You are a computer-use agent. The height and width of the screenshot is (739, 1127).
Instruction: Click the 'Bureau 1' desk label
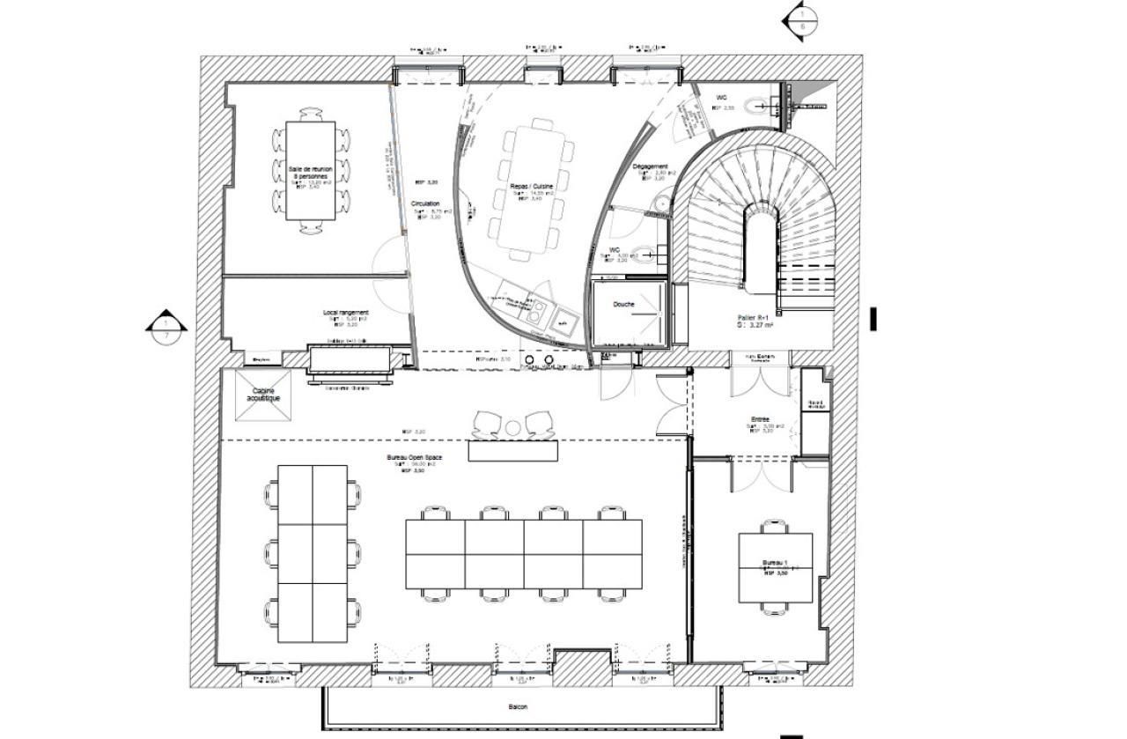[774, 562]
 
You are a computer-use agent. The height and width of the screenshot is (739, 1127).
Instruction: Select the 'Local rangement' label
[345, 313]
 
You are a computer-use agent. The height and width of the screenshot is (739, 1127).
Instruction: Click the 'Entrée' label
[761, 419]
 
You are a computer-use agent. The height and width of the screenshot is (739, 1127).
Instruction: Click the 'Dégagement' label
[650, 166]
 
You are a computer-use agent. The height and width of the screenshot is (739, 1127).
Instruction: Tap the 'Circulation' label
[424, 203]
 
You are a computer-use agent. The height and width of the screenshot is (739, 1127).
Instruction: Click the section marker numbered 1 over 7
[166, 327]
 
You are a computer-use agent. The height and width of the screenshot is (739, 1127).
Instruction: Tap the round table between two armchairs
[513, 428]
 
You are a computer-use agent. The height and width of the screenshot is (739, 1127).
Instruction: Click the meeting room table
[310, 169]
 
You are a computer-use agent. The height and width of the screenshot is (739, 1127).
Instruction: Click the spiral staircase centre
[761, 247]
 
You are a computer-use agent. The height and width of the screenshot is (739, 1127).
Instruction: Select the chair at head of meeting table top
[310, 115]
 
